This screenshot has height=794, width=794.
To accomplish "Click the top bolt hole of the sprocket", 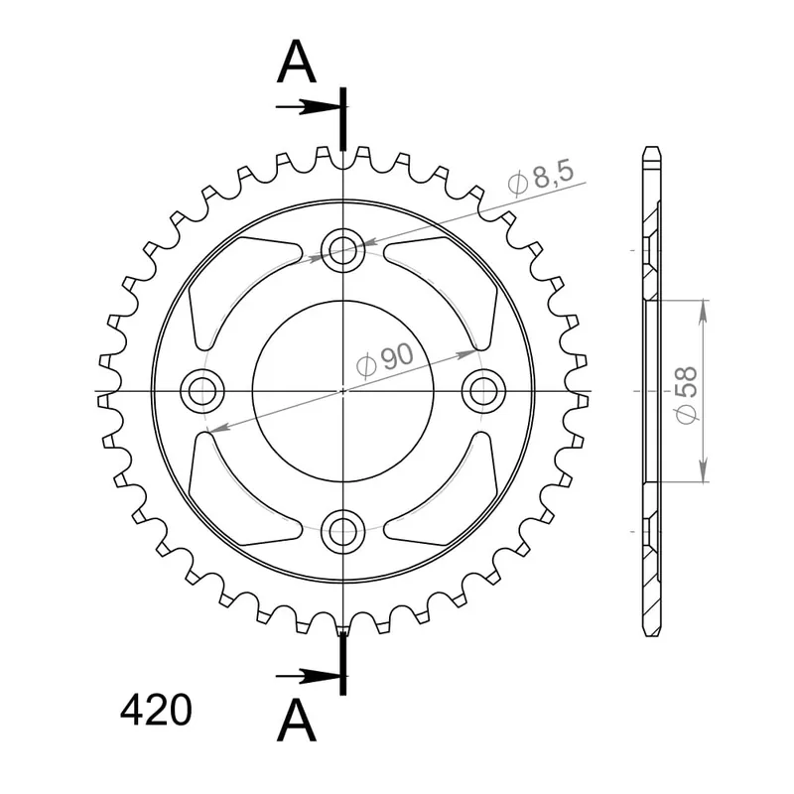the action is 342,250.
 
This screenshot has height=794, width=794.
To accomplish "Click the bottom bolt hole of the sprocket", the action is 342,531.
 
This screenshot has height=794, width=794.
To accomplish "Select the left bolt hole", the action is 202,391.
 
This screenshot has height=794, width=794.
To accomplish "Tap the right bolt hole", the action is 483,391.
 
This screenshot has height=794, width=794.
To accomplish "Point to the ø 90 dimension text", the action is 385,360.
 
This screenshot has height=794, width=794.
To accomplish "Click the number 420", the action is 156,711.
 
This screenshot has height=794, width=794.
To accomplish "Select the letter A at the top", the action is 297,62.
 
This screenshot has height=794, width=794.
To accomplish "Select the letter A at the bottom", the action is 297,722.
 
